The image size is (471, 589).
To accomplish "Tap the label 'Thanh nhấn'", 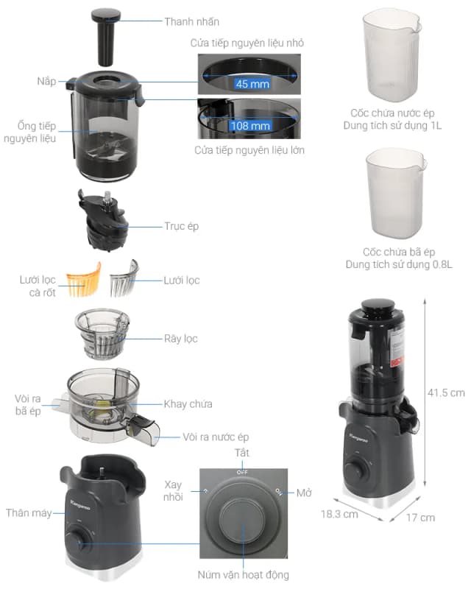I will [x=192, y=21].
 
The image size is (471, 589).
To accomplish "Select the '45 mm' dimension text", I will [x=249, y=84].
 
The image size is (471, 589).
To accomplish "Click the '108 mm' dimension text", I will [x=250, y=126].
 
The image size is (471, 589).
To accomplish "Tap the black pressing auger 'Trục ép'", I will [x=102, y=220].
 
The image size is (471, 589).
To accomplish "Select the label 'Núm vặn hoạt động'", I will [x=242, y=574].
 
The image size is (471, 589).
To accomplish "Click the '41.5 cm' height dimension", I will [x=445, y=392].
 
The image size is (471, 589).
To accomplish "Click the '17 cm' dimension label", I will [x=420, y=518].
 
